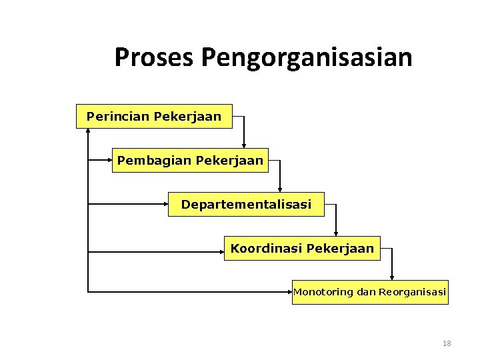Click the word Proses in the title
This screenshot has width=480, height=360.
(x=153, y=57)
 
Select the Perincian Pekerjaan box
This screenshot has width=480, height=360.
(x=154, y=116)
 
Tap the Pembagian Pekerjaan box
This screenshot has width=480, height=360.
(x=190, y=160)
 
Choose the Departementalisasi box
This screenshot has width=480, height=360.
(x=246, y=204)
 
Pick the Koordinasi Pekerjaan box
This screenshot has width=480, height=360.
(x=302, y=248)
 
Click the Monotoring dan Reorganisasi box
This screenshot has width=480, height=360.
(x=370, y=292)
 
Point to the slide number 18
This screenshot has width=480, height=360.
(x=447, y=343)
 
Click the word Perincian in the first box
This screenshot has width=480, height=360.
(x=118, y=116)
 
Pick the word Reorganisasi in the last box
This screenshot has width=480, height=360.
(x=412, y=292)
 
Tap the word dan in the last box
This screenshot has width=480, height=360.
(x=366, y=292)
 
